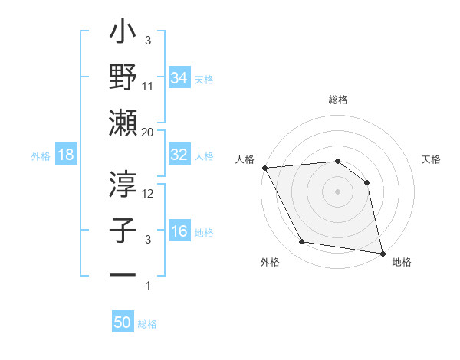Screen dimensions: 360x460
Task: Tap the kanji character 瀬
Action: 123,123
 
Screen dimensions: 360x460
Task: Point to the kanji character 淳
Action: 123,184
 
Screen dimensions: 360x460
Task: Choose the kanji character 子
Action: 123,230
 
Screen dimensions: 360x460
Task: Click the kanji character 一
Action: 123,274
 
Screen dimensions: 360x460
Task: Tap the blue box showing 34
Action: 179,77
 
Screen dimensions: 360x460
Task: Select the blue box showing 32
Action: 179,155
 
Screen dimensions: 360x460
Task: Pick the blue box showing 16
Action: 179,231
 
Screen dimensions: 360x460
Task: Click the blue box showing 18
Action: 65,155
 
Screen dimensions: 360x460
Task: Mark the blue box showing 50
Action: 123,322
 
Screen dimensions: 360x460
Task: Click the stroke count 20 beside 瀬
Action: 148,132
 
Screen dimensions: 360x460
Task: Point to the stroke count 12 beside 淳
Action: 149,193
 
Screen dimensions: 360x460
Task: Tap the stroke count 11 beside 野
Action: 148,86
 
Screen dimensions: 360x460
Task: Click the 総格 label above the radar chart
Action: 338,100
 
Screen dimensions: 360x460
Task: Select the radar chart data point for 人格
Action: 264,168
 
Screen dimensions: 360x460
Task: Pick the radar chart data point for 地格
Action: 382,252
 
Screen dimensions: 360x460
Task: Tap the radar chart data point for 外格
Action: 302,242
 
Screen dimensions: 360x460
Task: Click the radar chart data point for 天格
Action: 366,182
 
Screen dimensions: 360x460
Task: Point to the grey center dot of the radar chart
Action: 337,191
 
